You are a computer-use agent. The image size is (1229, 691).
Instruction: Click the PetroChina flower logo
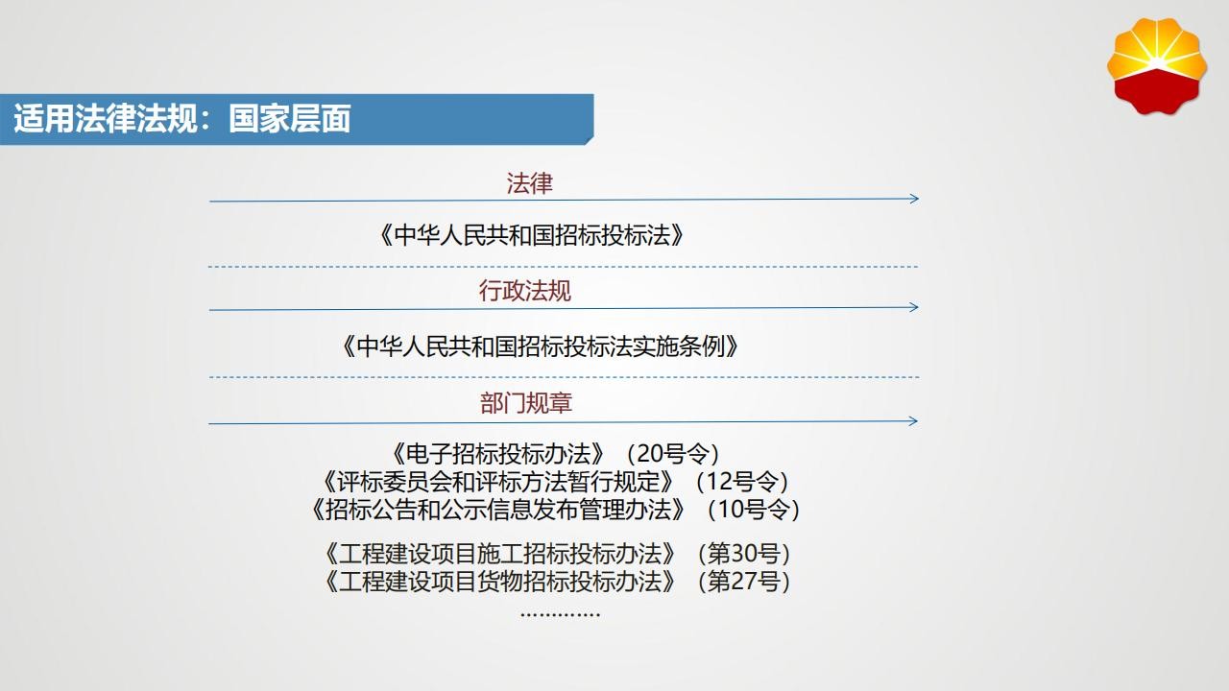[1157, 66]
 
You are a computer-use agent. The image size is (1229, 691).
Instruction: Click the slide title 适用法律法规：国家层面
[182, 118]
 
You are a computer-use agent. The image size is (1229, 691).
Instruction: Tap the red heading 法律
[529, 183]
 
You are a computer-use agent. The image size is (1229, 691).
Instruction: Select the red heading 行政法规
[525, 291]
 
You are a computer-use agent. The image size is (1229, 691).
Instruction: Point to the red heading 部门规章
[526, 403]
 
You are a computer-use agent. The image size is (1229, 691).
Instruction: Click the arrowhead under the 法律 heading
[914, 199]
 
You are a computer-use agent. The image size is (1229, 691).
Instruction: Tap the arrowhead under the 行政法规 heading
[913, 307]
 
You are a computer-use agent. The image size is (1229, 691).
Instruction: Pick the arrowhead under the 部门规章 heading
[913, 421]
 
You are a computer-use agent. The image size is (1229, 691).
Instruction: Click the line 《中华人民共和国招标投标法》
[531, 235]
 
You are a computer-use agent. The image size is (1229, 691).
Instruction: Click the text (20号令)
[673, 454]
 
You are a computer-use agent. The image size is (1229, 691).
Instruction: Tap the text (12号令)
[742, 482]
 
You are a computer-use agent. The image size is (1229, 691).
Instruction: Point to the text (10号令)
[754, 510]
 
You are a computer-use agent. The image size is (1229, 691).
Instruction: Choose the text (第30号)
[743, 554]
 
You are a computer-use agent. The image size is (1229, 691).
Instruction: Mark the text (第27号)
[743, 582]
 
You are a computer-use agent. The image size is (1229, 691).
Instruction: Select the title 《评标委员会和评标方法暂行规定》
[497, 482]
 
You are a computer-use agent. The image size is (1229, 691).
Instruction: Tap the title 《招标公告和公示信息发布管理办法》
[498, 510]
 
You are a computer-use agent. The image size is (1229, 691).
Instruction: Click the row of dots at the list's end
[560, 614]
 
